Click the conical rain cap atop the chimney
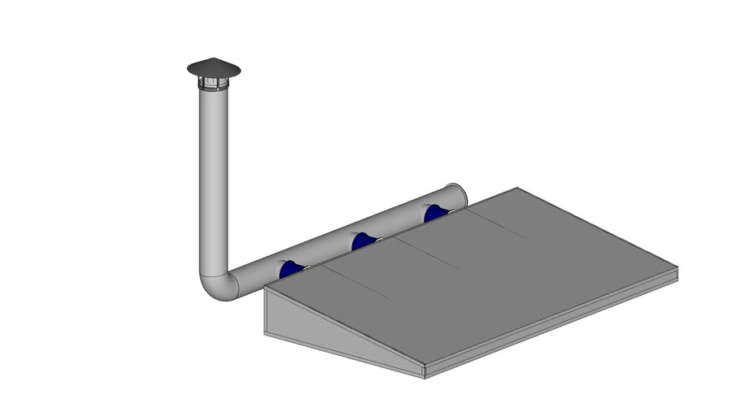coord(214,69)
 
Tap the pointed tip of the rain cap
coord(214,59)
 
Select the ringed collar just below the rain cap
coord(214,84)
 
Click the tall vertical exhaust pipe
coord(213,179)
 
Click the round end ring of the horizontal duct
coord(458,196)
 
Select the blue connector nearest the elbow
coord(290,269)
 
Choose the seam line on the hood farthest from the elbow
coord(497,222)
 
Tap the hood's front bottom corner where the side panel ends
coord(425,375)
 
